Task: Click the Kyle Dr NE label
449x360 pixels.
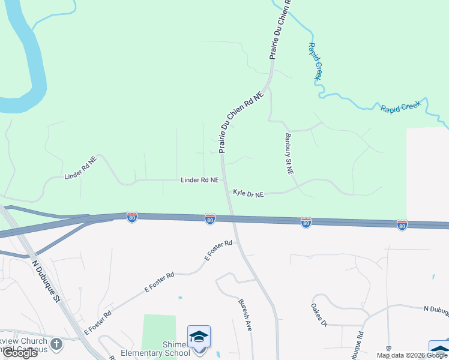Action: click(x=249, y=193)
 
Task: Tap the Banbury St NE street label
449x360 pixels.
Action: click(x=289, y=154)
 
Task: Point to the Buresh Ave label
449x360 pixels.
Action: click(x=245, y=315)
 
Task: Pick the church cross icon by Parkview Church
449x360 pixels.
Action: click(x=56, y=344)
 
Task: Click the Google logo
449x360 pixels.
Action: click(x=20, y=352)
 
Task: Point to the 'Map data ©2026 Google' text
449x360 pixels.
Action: click(x=412, y=355)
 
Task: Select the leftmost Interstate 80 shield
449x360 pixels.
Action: click(x=132, y=217)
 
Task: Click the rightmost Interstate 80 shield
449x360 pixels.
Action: click(x=402, y=224)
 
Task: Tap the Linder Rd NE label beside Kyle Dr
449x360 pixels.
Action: click(x=200, y=180)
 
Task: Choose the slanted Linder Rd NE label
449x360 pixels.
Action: click(x=80, y=169)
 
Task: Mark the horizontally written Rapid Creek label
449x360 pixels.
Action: click(x=400, y=107)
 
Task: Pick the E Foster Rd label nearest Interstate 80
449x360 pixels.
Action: click(x=218, y=251)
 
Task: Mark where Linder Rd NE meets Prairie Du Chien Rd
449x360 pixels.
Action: click(x=224, y=179)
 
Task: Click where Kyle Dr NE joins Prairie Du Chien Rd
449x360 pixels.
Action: click(x=227, y=193)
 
